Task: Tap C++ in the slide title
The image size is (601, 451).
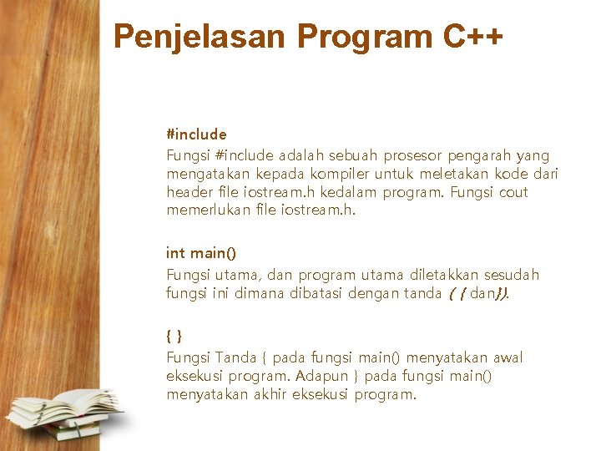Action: click(472, 37)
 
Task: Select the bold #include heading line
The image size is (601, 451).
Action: click(196, 134)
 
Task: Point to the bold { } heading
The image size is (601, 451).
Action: click(174, 336)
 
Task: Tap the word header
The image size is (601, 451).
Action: click(186, 192)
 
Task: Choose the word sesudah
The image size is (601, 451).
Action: click(513, 275)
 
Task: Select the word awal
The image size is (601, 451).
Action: click(507, 357)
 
